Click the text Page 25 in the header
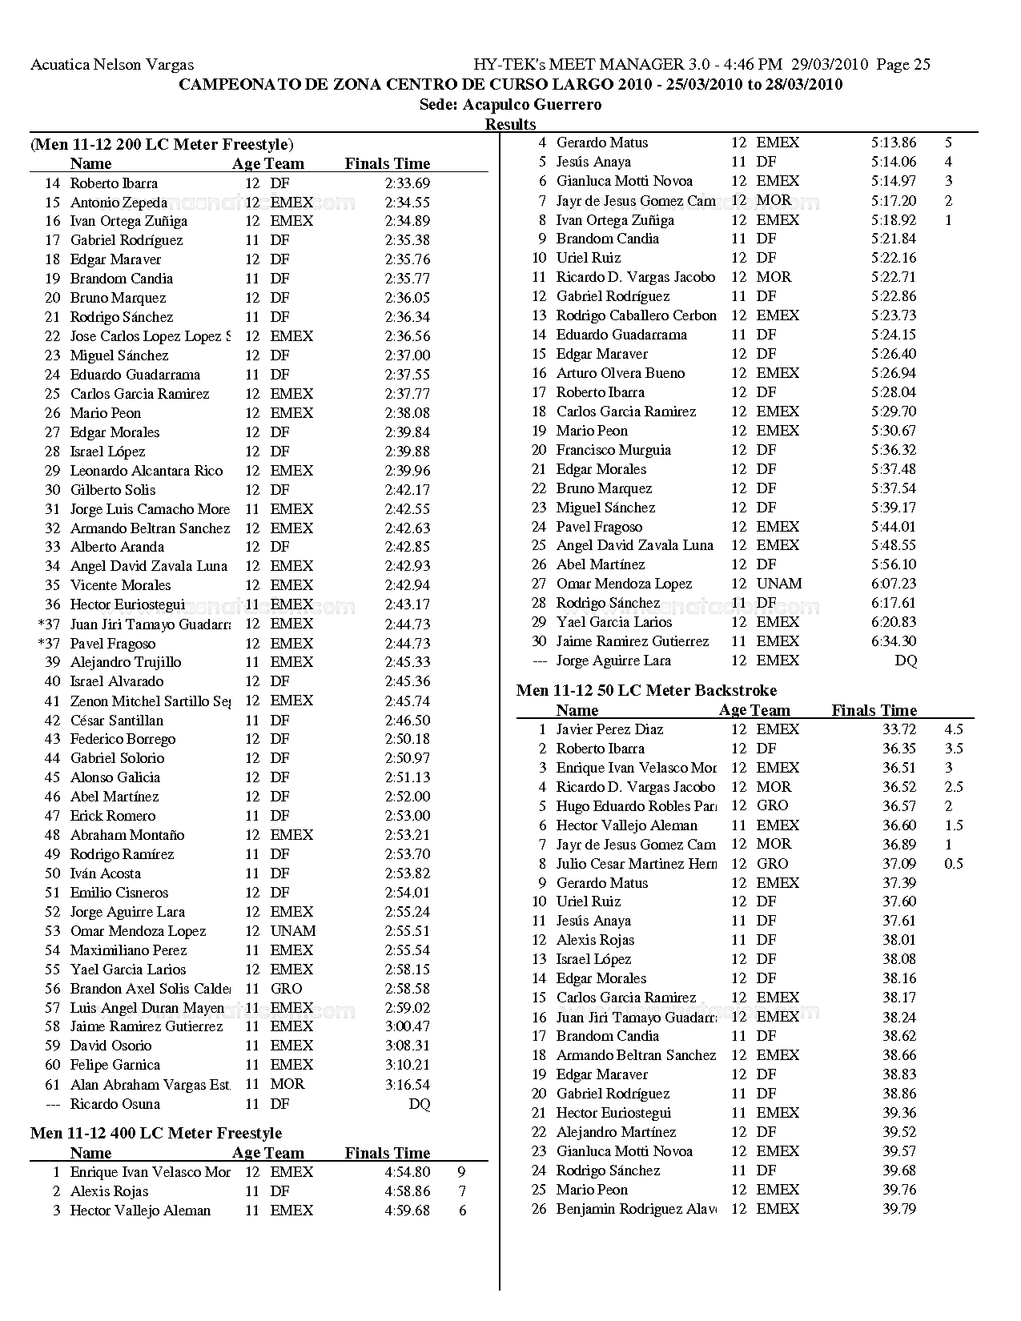coord(903,65)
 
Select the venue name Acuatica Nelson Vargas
coord(112,65)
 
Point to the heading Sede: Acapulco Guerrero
coord(510,105)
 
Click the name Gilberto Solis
coord(113,490)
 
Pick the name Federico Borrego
coord(123,739)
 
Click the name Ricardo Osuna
coord(115,1104)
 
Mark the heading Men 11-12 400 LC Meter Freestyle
coord(156,1133)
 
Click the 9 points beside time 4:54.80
coord(462,1172)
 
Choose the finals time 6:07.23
coord(894,584)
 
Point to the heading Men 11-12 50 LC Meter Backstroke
coord(646,690)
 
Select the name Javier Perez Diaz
coord(609,729)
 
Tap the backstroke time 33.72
coord(899,729)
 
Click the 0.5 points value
coord(953,864)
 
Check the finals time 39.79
coord(899,1209)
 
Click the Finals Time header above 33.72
coord(874,710)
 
